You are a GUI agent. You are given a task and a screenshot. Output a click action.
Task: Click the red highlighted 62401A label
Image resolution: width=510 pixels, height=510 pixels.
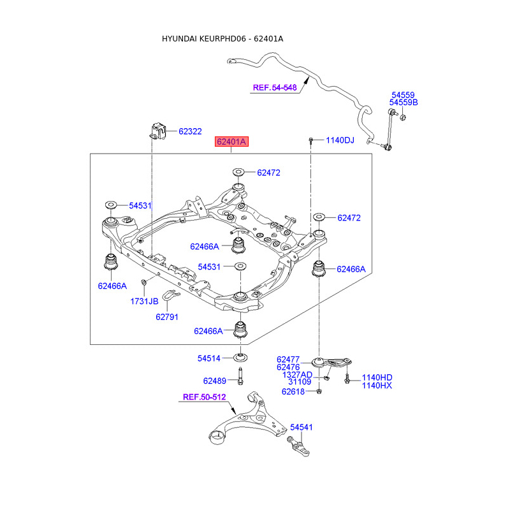coord(230,142)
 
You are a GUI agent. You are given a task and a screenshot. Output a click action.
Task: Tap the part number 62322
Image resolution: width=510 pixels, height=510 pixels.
coord(190,131)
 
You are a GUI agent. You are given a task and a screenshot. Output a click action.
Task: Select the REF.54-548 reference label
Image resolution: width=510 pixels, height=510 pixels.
coord(275,88)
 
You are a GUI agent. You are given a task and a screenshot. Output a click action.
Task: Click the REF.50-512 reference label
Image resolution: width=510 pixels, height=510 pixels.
coord(205,397)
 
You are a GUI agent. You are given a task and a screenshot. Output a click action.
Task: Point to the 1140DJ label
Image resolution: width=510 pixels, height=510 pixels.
coord(340,140)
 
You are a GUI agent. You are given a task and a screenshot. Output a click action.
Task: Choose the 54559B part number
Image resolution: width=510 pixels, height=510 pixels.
coord(404,103)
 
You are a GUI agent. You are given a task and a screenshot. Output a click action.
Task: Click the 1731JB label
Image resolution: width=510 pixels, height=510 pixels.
coord(145,300)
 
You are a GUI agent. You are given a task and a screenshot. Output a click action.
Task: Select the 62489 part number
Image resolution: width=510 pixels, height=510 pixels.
coord(215,381)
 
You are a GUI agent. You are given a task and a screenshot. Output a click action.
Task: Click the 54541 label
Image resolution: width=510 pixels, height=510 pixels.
coord(302,427)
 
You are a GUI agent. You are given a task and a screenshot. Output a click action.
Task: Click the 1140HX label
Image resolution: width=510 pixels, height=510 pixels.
coord(377,385)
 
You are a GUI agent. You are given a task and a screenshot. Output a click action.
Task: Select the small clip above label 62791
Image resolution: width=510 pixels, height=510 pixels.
coord(170,295)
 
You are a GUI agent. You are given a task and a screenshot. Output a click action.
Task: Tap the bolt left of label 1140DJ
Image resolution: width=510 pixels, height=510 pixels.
coord(310,140)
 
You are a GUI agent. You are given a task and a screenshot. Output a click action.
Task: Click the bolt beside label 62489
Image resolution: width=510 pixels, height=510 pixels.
coord(241,376)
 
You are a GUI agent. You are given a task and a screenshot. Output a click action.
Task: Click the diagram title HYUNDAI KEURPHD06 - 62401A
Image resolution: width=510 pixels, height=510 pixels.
coord(222,39)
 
